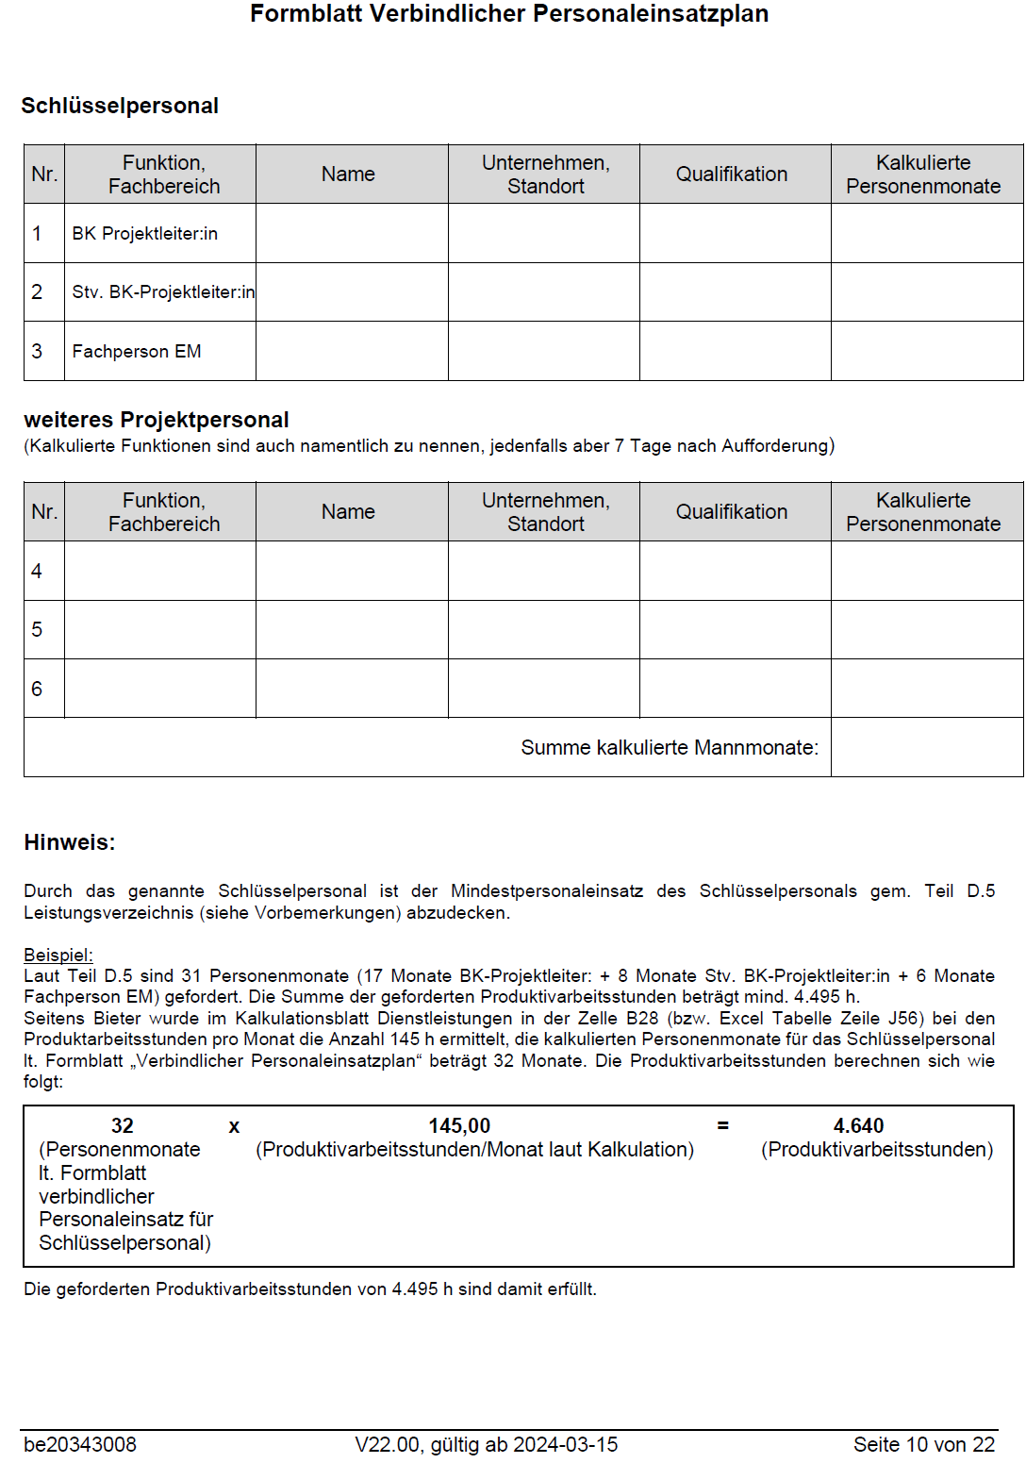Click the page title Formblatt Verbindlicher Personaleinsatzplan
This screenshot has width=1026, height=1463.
[509, 14]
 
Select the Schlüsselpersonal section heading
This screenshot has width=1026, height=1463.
[120, 106]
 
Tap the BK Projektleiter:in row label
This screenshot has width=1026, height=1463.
[144, 233]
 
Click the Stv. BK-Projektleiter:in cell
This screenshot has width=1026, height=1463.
[162, 292]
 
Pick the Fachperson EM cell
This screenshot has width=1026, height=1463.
[137, 351]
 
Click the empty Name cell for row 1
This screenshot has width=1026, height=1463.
[352, 233]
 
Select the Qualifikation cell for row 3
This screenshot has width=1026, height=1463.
[735, 351]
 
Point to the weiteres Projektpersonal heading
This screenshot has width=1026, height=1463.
[157, 420]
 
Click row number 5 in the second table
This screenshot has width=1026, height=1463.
[37, 629]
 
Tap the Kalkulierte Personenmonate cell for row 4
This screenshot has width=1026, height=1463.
[926, 571]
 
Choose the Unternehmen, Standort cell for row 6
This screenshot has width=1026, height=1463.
[543, 689]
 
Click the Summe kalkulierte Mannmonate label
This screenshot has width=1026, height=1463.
[670, 747]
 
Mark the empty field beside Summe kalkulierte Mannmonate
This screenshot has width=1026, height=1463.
[926, 747]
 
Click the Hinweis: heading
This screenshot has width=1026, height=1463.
[70, 842]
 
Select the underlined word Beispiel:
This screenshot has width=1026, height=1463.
[58, 955]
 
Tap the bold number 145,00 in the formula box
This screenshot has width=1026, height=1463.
[459, 1125]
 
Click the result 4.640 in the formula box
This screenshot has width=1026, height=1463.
[858, 1125]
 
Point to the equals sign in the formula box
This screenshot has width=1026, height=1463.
[723, 1125]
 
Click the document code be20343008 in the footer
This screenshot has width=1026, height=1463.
[80, 1444]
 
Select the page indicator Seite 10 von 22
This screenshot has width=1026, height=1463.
[923, 1444]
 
